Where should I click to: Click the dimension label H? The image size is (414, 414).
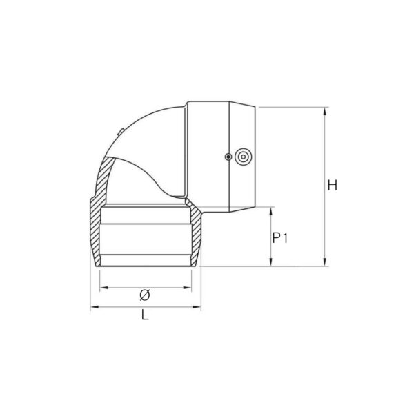[332, 185]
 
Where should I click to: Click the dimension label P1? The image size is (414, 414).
[279, 238]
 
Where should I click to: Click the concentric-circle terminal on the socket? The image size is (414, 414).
[243, 157]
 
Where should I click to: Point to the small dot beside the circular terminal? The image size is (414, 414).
[228, 157]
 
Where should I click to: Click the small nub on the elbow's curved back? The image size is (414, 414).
[119, 130]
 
